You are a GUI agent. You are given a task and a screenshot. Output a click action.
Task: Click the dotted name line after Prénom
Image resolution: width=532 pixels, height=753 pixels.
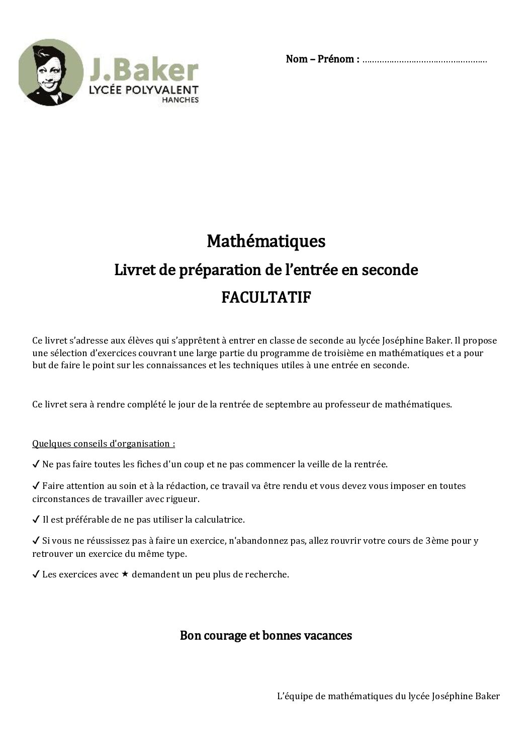pos(424,60)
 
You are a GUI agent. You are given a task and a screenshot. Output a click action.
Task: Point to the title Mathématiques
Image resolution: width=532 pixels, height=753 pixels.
pos(266,241)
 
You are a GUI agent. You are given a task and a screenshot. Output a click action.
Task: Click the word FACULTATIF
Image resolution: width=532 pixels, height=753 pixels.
pos(266,298)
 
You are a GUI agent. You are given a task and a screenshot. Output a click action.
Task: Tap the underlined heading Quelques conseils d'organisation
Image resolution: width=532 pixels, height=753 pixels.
pos(104,444)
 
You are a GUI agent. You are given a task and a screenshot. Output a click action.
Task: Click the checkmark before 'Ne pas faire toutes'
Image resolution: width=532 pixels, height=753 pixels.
pos(36,464)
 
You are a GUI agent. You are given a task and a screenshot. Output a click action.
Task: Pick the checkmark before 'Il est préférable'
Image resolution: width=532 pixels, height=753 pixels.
pos(36,519)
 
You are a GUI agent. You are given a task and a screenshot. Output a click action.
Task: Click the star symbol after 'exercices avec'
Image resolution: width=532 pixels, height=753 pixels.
pos(125,573)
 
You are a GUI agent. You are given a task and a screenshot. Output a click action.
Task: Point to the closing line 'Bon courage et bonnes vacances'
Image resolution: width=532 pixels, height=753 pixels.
pos(266,635)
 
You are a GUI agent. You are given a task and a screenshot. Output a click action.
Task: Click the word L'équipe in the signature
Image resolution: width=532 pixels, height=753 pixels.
pos(293,697)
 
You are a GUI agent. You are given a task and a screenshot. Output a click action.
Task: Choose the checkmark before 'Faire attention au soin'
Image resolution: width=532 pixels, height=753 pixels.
pos(36,486)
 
